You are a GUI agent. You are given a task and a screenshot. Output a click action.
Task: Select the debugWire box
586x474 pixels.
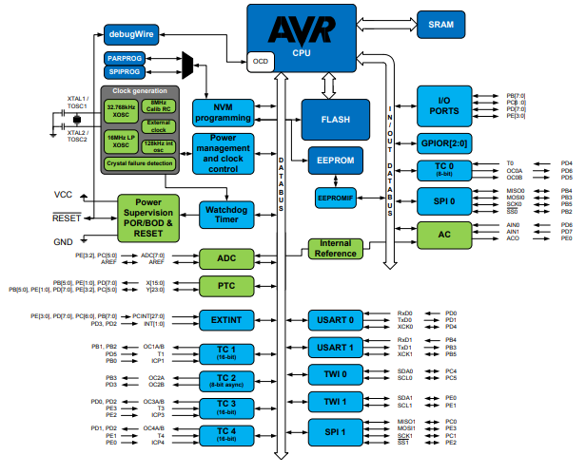(130, 36)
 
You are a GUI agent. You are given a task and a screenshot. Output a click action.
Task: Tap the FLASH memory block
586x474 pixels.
(335, 120)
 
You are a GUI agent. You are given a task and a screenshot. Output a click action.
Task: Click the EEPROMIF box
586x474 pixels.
(334, 197)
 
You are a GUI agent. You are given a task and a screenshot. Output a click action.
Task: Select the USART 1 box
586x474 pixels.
(337, 347)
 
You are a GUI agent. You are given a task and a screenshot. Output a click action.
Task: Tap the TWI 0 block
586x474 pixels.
(337, 374)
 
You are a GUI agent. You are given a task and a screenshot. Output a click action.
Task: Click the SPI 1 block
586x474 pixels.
(337, 430)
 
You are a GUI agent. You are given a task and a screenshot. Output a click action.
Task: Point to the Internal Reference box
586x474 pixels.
(335, 249)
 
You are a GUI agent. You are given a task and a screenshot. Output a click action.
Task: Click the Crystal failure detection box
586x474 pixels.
(141, 163)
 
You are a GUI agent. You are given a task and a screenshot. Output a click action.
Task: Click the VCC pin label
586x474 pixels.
(63, 194)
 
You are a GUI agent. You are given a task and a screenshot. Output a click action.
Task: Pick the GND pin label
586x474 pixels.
(63, 242)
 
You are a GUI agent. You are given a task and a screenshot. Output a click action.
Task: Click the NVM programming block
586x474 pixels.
(225, 111)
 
